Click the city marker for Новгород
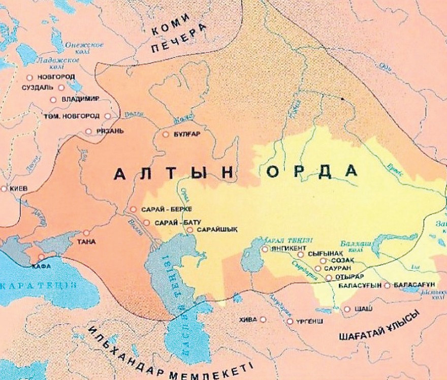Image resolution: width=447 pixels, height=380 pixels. (29, 77)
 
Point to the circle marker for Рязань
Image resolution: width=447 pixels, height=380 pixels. (88, 131)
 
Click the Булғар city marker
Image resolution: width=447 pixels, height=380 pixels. (166, 135)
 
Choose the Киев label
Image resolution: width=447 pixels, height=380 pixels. (18, 188)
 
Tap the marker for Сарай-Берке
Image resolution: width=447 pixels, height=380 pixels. (133, 209)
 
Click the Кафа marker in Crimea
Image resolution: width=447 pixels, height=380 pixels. (42, 257)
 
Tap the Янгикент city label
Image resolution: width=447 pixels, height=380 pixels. (284, 248)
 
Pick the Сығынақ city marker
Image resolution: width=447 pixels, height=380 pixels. (301, 255)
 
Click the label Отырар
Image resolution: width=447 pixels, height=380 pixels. (347, 277)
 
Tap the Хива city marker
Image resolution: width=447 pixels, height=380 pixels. (263, 320)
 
